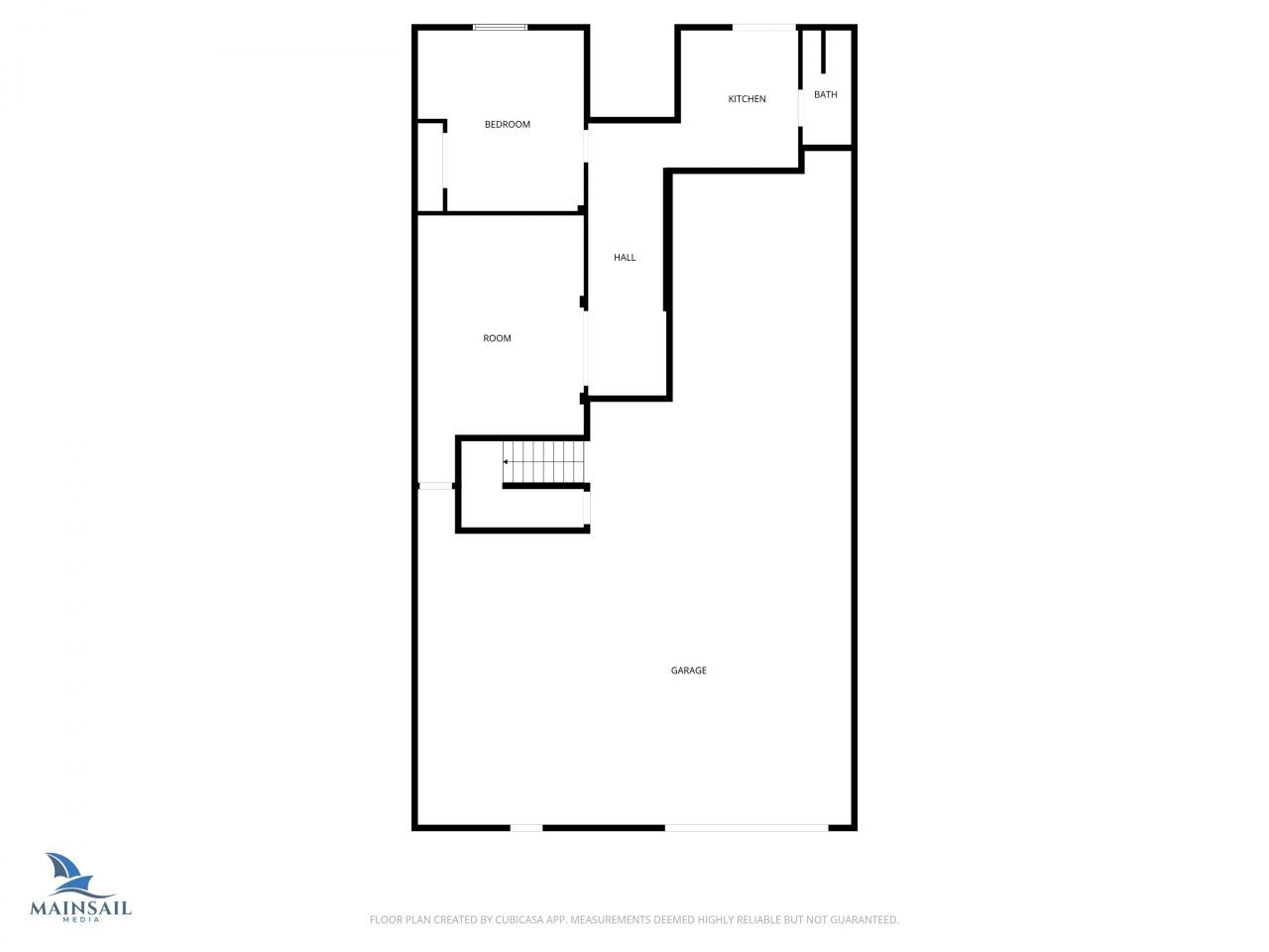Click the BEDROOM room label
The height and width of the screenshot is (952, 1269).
click(x=507, y=125)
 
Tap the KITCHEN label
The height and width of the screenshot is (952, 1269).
click(x=747, y=99)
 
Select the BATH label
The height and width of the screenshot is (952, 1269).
click(x=825, y=95)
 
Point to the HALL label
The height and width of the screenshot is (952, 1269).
click(x=625, y=258)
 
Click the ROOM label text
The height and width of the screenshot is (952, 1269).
click(x=497, y=339)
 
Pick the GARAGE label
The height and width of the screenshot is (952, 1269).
click(x=688, y=671)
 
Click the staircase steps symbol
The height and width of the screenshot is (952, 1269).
click(x=546, y=462)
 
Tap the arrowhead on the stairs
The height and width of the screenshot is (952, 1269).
click(x=506, y=462)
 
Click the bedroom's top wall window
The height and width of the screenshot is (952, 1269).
click(x=500, y=28)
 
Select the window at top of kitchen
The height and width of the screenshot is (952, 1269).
click(x=763, y=27)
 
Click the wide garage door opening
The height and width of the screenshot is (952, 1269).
click(x=746, y=827)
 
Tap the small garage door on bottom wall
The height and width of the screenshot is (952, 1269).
click(x=526, y=827)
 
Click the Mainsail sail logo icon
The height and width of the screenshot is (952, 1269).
click(x=65, y=874)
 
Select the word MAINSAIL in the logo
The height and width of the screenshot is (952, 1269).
click(x=81, y=907)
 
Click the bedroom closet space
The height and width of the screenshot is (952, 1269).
click(x=429, y=167)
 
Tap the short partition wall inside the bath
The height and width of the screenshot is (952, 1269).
click(x=823, y=52)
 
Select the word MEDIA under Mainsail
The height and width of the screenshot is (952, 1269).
click(x=81, y=920)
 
